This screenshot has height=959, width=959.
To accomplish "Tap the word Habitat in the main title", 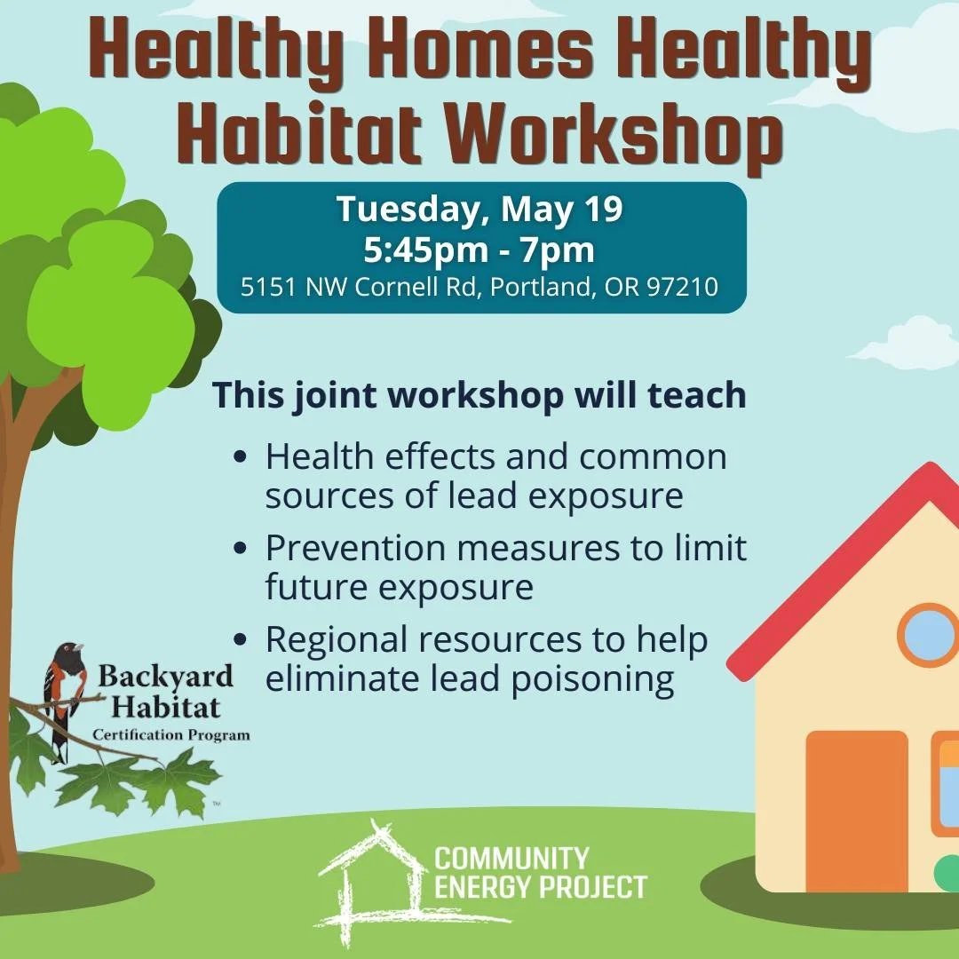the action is point(299,133).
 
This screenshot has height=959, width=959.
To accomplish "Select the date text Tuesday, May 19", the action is point(479,210).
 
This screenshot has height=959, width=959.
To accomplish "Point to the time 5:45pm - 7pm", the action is point(479,250).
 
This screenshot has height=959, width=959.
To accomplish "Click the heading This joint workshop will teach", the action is point(479,396).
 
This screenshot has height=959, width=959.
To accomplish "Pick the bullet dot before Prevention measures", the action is point(241,547).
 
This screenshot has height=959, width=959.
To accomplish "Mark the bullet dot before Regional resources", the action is point(241,639).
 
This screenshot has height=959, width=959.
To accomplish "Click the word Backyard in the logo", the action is point(166,677).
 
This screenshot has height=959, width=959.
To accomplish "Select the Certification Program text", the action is point(171,734).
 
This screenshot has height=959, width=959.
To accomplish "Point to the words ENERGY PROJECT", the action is point(541,887).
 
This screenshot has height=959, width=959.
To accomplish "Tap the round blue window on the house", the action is point(929,635).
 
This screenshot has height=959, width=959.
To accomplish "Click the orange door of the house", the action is point(857,811).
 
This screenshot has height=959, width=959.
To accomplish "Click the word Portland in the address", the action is point(543,286).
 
